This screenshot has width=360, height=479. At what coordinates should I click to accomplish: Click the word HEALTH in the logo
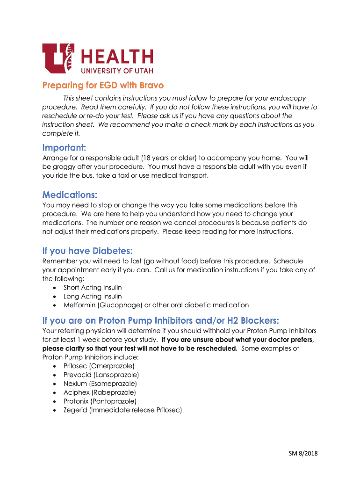tap(117, 58)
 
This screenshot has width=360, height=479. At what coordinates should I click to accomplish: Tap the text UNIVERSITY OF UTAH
tap(117, 70)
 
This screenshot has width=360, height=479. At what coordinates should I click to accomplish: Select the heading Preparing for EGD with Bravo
tap(103, 86)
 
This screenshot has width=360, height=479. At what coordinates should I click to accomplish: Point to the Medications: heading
tap(70, 194)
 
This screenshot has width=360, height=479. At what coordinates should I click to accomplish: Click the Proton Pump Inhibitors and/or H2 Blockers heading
tap(161, 320)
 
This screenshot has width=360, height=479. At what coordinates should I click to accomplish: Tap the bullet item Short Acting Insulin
tap(93, 288)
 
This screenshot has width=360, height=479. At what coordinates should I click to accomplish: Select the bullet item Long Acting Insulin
tap(93, 296)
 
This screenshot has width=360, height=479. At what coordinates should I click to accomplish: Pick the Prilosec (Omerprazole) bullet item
tap(99, 366)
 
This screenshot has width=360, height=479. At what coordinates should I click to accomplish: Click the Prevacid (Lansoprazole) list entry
tap(101, 375)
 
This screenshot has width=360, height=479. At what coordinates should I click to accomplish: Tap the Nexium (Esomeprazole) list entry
tap(100, 384)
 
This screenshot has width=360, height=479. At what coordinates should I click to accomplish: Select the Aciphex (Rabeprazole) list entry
tap(100, 392)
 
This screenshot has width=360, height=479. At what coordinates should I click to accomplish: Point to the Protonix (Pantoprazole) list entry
tap(100, 401)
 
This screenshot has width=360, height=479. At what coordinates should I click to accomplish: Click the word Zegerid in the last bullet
tap(75, 410)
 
